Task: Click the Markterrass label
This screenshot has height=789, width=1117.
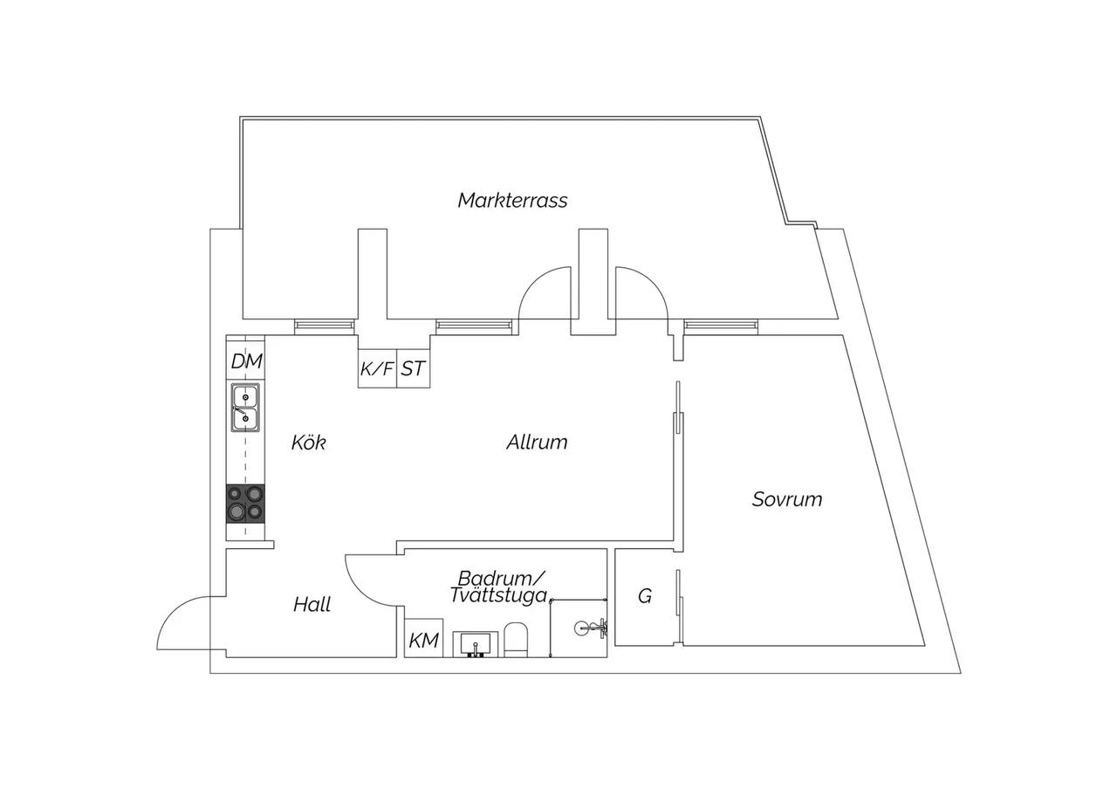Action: coord(512,201)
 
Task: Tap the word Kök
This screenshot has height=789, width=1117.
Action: coord(309,443)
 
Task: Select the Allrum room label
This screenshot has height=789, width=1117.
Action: coord(537,443)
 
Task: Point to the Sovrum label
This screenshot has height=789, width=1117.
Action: coord(787,499)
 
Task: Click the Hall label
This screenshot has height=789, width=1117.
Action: coord(312,605)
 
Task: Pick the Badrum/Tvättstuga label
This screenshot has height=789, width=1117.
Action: coord(498,587)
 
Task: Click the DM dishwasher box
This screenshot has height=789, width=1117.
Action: coord(245,360)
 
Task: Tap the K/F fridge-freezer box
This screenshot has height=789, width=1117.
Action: coord(378,368)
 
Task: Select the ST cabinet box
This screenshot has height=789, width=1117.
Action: coord(414,368)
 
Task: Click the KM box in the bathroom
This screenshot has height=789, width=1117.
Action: coord(424,638)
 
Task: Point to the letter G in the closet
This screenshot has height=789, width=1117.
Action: coord(645,596)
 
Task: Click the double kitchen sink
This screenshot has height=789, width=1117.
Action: coord(245,408)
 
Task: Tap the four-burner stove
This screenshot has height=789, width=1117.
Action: coord(245,504)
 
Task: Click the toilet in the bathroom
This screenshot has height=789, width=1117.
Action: coord(516,640)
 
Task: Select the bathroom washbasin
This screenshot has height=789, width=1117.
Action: coord(476,644)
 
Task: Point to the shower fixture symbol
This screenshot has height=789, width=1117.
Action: coord(591,627)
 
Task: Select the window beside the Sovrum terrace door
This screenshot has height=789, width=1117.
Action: coord(721,326)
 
